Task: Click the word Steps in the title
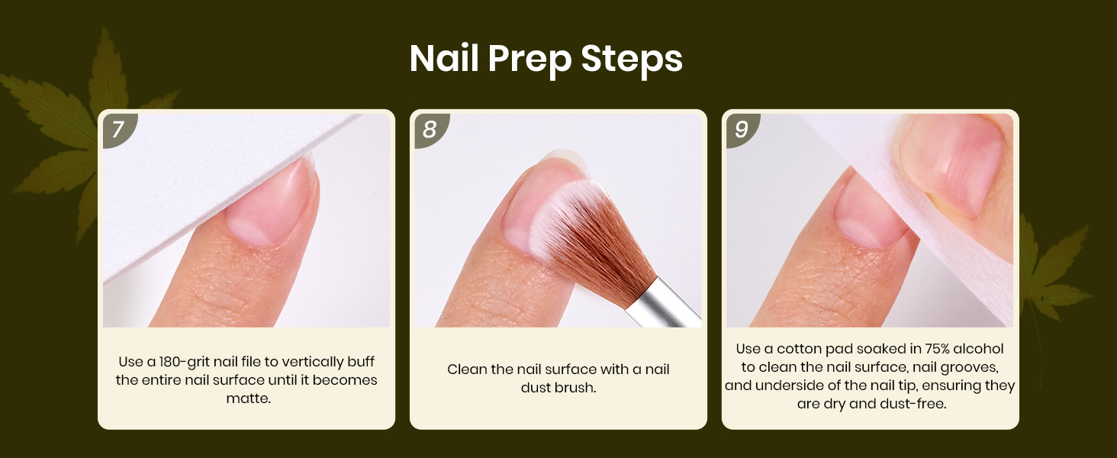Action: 632,60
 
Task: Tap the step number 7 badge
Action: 119,130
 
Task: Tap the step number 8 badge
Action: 430,130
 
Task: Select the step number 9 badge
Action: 742,130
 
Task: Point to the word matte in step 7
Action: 247,398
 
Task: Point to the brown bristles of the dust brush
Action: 598,234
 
